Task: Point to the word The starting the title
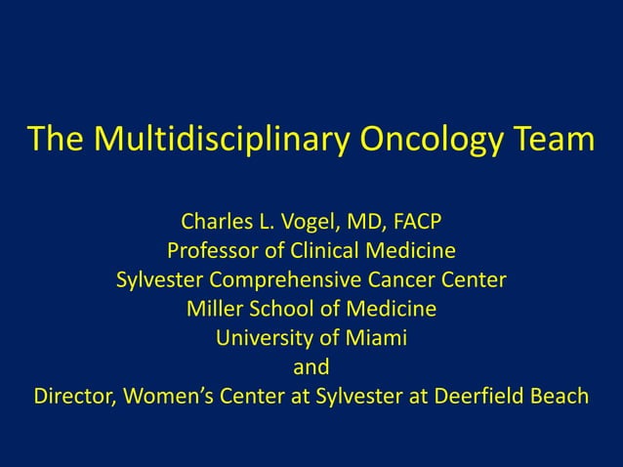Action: [x=58, y=140]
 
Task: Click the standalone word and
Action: [x=311, y=369]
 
